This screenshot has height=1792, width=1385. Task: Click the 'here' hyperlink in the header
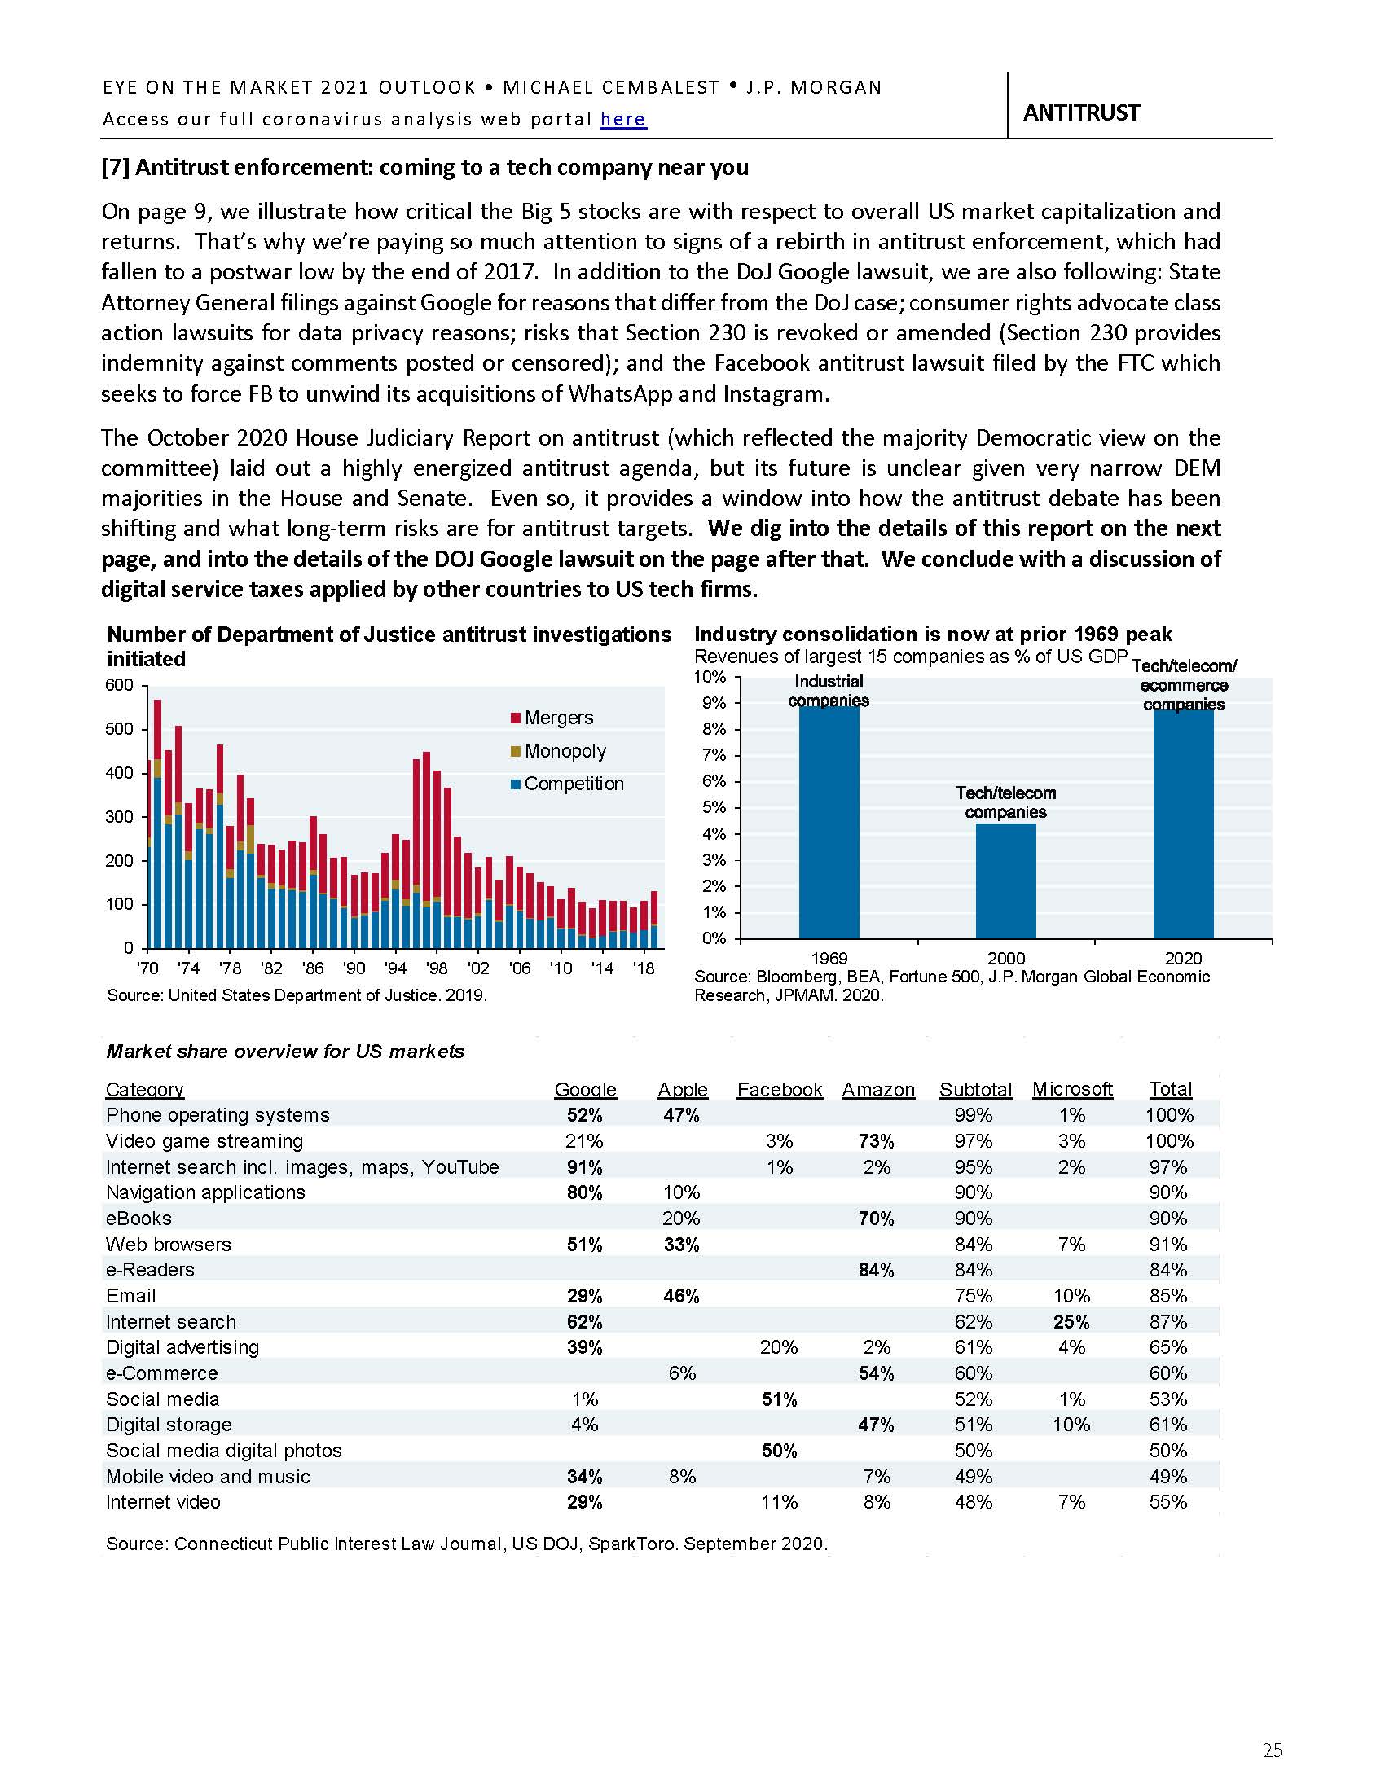(622, 120)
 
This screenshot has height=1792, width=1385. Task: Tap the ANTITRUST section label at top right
(1080, 113)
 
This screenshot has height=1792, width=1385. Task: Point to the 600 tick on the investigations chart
(119, 685)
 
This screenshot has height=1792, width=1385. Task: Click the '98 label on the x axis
(437, 969)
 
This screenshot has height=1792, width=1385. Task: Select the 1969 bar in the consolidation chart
(829, 820)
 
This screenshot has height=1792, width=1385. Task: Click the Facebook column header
(779, 1090)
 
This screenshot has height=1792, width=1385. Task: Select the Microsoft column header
(1071, 1089)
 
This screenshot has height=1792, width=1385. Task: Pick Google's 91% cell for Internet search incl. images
(584, 1166)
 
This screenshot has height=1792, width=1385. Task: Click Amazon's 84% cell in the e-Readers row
(877, 1270)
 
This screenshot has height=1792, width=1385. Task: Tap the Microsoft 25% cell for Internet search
(1071, 1322)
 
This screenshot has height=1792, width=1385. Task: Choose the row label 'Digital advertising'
(182, 1347)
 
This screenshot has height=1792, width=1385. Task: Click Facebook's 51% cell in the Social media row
(779, 1399)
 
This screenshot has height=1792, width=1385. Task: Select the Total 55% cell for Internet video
(1168, 1502)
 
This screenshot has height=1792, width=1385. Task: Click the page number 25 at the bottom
(1272, 1750)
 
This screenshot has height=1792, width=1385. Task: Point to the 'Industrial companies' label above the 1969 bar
(829, 691)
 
